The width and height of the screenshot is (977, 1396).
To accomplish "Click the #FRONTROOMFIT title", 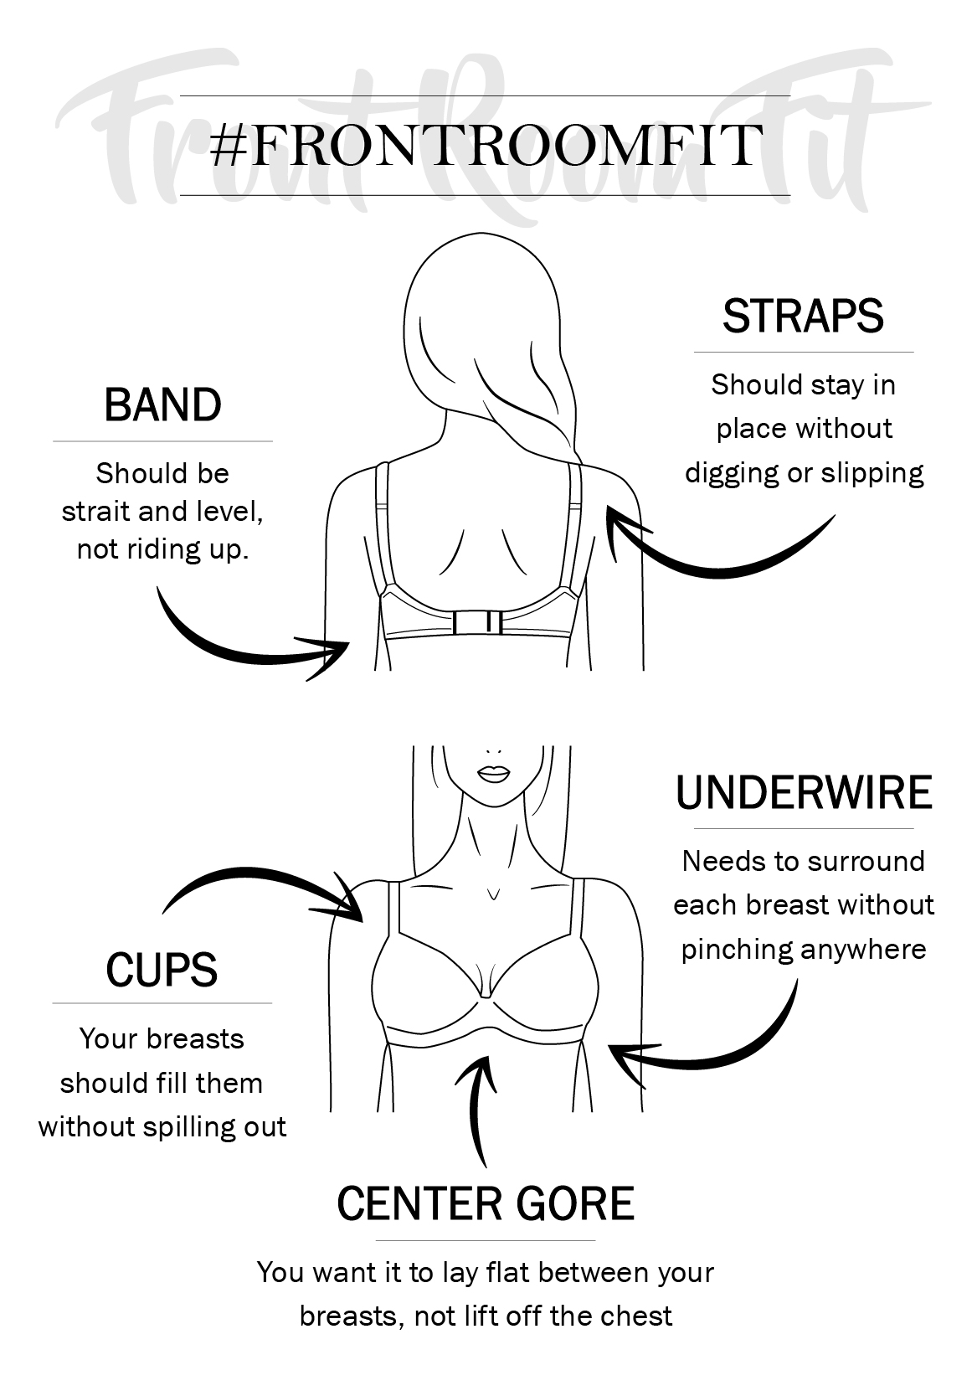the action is tap(486, 146).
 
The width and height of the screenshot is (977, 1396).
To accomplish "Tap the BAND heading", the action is tap(162, 405).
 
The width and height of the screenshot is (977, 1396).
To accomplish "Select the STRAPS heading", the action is tap(803, 316).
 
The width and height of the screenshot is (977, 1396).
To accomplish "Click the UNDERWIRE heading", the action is tap(804, 793).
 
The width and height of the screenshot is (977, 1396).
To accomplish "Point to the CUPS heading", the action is tap(162, 970).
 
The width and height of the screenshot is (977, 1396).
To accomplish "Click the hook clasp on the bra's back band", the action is tap(478, 622).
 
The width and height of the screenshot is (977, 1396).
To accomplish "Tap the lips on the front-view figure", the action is tap(493, 774).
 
